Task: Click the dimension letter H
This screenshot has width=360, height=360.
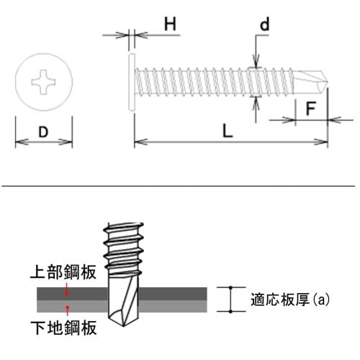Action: tap(169, 24)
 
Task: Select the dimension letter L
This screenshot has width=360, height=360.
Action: tap(227, 131)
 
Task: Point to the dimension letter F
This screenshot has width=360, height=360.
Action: tap(311, 109)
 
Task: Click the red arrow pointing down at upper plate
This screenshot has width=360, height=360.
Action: tap(67, 291)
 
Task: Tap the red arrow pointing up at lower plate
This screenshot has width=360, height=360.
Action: tap(67, 310)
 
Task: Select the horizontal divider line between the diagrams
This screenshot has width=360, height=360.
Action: tap(180, 186)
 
